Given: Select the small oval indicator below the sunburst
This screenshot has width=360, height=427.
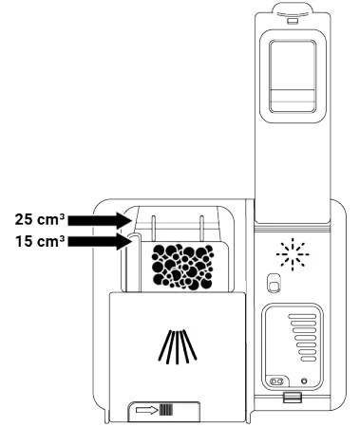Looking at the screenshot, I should tap(273, 284).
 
